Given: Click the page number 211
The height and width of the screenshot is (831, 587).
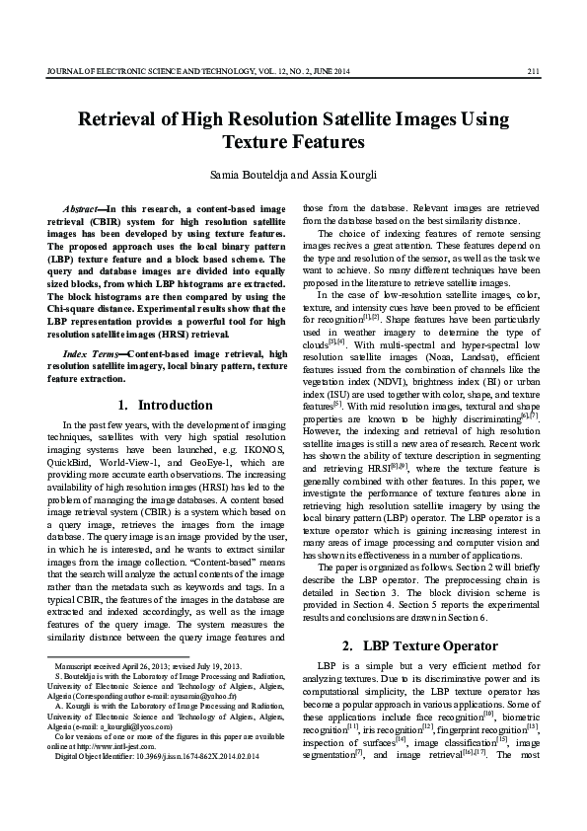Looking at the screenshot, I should (532, 70).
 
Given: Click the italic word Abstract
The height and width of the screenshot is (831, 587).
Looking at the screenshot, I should (81, 209).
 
